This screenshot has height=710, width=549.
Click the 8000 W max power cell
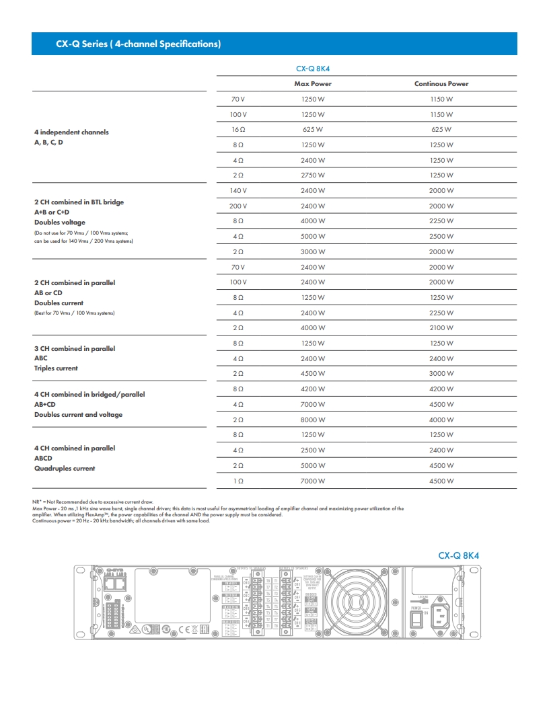(x=313, y=420)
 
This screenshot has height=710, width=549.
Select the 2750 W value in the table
(x=313, y=175)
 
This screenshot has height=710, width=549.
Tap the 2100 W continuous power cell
(x=441, y=328)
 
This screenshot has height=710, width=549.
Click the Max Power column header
(x=313, y=84)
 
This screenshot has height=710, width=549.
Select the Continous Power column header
(x=441, y=84)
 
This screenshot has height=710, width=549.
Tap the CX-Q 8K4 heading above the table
(x=313, y=68)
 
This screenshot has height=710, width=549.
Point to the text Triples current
(x=56, y=368)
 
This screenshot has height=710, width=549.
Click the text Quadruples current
(x=65, y=469)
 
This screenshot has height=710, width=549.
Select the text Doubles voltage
(x=60, y=222)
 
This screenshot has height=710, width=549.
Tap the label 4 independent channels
(x=71, y=132)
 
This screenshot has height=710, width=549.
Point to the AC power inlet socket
(x=442, y=613)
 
